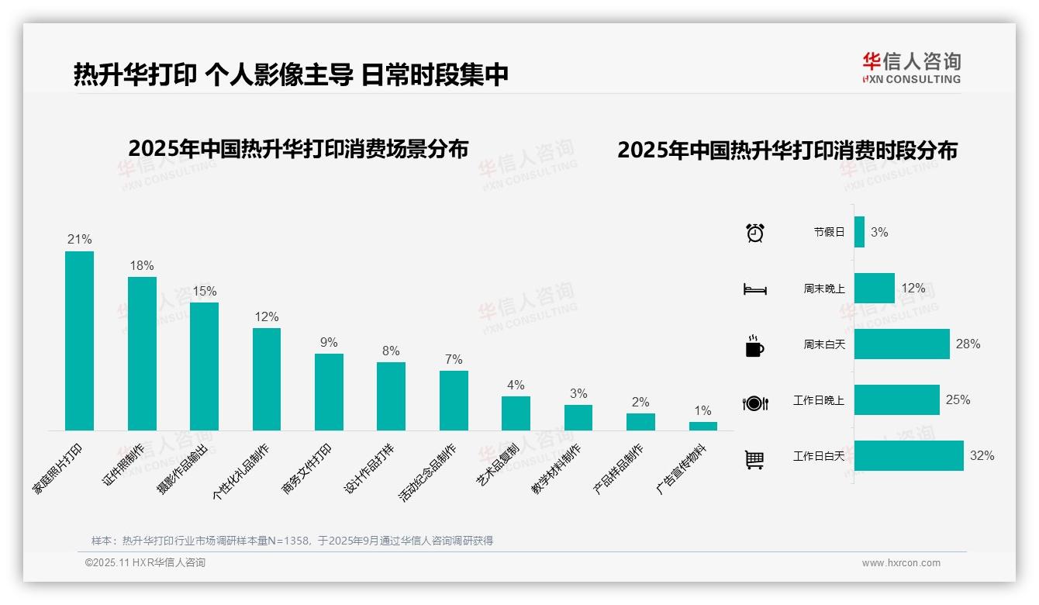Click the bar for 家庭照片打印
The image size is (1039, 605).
pyautogui.click(x=79, y=341)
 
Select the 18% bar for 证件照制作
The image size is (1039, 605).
pyautogui.click(x=142, y=354)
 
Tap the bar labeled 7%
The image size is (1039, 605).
pyautogui.click(x=454, y=400)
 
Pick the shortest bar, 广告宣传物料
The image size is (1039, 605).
pyautogui.click(x=703, y=426)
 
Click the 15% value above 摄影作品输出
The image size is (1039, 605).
pyautogui.click(x=205, y=291)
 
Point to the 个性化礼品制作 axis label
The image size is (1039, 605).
pyautogui.click(x=242, y=472)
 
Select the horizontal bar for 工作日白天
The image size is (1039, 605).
pyautogui.click(x=909, y=455)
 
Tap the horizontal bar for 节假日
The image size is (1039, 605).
pyautogui.click(x=859, y=232)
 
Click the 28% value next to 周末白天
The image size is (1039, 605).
pyautogui.click(x=968, y=344)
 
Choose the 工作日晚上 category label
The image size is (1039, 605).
pyautogui.click(x=818, y=400)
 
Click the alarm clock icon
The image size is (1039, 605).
pyautogui.click(x=755, y=233)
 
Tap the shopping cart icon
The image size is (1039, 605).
pyautogui.click(x=754, y=459)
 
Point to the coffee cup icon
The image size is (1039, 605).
pyautogui.click(x=754, y=346)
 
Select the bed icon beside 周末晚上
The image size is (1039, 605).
pyautogui.click(x=754, y=289)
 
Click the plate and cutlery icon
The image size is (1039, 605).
pyautogui.click(x=754, y=403)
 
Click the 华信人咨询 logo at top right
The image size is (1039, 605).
pyautogui.click(x=911, y=67)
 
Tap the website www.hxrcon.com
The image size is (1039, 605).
pyautogui.click(x=901, y=563)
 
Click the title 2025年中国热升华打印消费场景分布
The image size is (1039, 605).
pyautogui.click(x=299, y=149)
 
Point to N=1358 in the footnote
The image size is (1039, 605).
pyautogui.click(x=289, y=541)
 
